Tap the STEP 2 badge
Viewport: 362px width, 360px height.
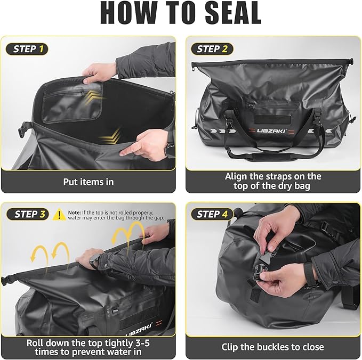tap(212, 49)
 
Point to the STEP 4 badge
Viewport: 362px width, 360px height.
tap(212, 214)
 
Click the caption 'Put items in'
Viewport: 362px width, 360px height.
tap(89, 182)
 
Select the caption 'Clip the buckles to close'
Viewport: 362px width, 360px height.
tap(273, 347)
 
